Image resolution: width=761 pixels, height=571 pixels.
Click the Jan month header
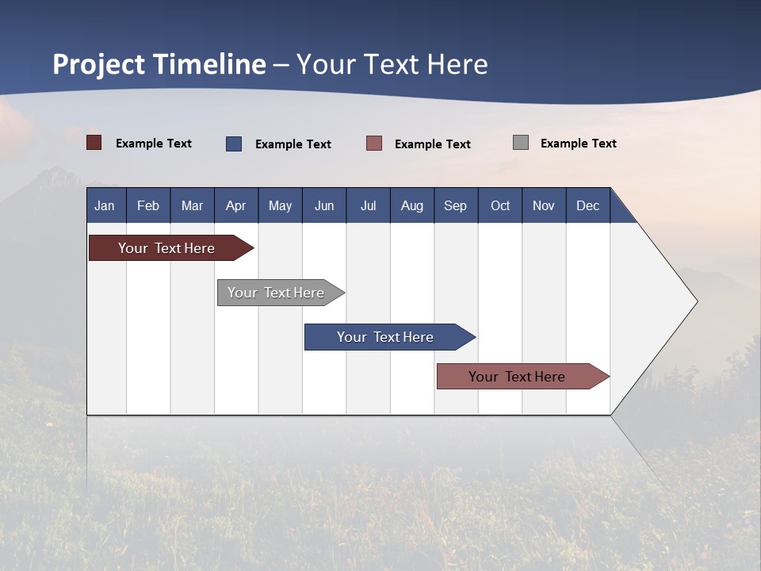105,205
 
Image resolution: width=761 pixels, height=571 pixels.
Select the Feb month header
148,205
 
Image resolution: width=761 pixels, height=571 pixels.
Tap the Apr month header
236,205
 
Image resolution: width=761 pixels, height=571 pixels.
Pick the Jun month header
324,205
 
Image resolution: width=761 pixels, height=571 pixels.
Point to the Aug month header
412,205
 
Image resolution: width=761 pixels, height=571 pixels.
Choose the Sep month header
456,205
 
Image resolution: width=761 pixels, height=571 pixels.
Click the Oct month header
500,205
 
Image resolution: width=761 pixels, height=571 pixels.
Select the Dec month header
588,205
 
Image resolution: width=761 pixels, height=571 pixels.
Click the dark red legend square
94,143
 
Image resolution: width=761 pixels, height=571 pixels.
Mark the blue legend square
234,144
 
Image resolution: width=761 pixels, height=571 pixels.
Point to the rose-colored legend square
374,144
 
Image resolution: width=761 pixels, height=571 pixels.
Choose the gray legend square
521,143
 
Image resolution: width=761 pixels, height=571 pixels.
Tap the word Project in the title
99,64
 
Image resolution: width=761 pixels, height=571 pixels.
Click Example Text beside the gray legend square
578,144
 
